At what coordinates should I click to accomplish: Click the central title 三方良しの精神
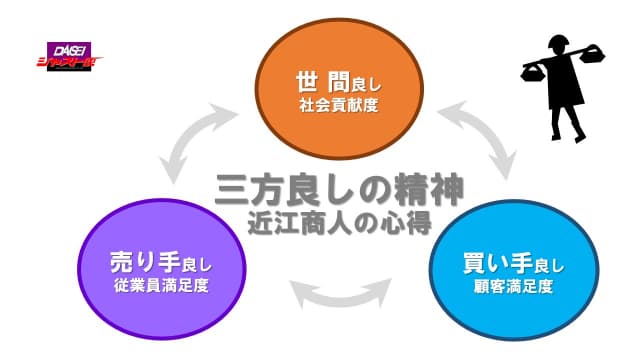[341, 188]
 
